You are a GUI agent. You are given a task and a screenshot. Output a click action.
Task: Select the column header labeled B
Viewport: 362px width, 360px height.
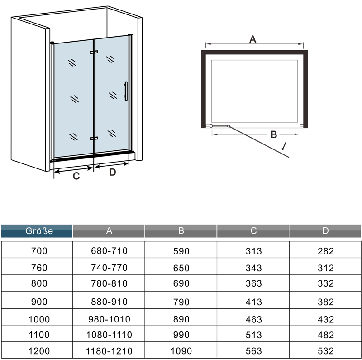click(181, 231)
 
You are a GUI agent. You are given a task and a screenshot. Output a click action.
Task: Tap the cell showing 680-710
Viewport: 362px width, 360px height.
click(109, 251)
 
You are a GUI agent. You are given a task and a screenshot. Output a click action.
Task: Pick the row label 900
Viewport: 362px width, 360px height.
click(39, 302)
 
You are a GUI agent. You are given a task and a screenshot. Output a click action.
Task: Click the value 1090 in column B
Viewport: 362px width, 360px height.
click(181, 351)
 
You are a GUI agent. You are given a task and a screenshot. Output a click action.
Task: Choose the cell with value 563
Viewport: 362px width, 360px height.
click(253, 351)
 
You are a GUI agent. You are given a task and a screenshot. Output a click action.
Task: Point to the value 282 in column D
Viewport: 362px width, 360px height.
click(325, 251)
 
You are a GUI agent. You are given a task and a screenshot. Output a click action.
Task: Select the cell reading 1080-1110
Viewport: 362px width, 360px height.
click(109, 335)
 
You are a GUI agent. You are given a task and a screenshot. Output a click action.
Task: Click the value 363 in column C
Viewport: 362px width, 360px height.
click(253, 284)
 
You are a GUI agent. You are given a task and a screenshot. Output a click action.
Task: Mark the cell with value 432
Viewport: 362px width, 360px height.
click(325, 319)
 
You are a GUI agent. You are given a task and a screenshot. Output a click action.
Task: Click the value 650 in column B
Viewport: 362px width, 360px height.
click(181, 268)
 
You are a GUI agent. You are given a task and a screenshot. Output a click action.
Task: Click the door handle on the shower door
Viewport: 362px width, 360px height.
click(126, 90)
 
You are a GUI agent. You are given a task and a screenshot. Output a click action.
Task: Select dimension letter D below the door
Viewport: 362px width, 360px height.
click(113, 172)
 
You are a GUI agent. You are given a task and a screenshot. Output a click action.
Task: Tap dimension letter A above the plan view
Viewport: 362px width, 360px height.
click(253, 39)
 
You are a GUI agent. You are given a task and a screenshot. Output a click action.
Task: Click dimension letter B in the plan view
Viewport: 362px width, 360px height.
click(273, 134)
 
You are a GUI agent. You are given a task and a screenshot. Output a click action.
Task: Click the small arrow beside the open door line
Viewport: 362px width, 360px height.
click(284, 146)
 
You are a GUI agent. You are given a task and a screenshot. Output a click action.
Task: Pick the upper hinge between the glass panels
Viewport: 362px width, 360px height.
click(94, 53)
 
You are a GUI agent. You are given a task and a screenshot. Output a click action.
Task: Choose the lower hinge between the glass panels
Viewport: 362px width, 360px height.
click(94, 138)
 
